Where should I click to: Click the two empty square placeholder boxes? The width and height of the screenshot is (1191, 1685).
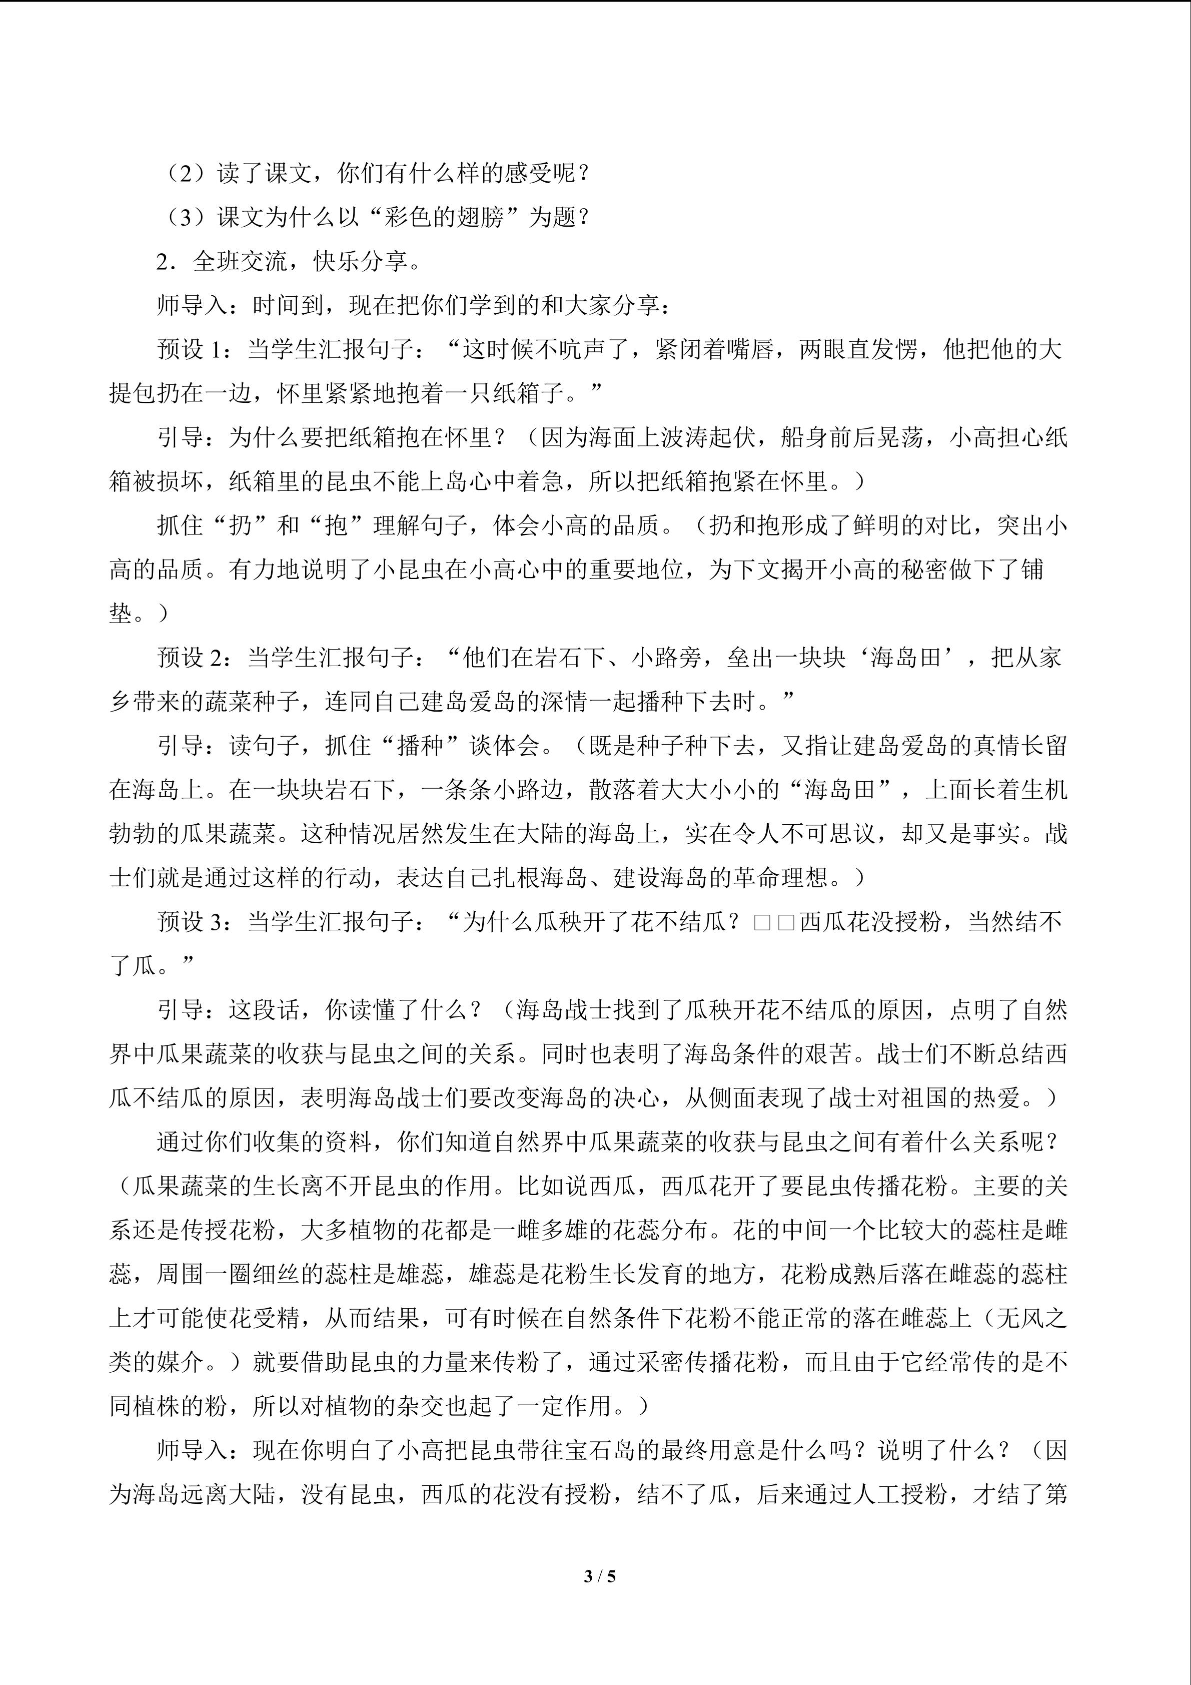tap(774, 922)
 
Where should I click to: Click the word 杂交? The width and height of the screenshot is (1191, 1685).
tap(397, 1406)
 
